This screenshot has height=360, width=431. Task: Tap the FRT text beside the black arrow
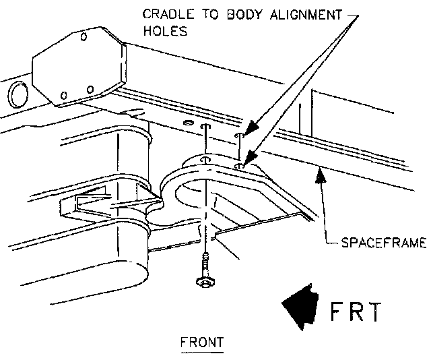[x=356, y=312]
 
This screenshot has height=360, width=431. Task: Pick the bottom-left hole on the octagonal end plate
[x=63, y=94]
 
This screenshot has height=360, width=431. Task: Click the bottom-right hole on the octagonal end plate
[x=91, y=89]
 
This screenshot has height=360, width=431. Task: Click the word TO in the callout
[x=201, y=13]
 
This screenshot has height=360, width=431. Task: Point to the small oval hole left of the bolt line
[x=187, y=125]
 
